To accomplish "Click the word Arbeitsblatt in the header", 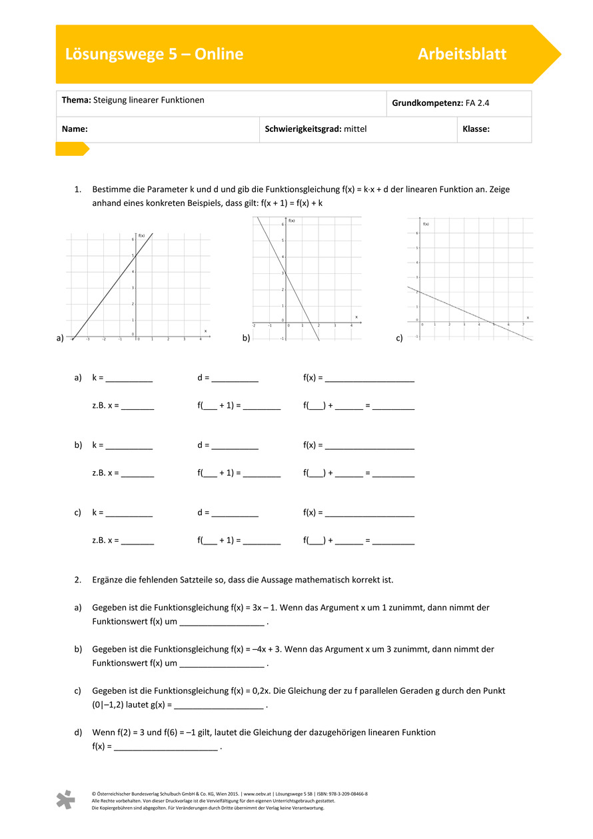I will (462, 55).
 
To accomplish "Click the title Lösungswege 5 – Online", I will (154, 55).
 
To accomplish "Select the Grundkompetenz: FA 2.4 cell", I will (440, 103).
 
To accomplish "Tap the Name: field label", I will (75, 129).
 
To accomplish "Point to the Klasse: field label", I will (476, 129).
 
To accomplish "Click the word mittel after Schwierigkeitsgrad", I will (355, 129).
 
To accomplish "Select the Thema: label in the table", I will (76, 100).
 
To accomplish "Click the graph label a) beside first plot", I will (60, 339).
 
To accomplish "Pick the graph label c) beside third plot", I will (399, 339).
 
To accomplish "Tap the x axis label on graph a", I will (205, 331).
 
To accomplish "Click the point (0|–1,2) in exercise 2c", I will (113, 704).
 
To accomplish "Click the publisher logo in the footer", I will (65, 800).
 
